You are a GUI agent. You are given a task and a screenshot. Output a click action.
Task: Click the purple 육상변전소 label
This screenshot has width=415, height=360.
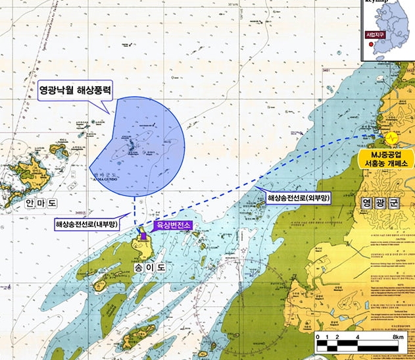(172, 225)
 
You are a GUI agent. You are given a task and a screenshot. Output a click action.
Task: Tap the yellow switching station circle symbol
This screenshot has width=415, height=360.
(391, 138)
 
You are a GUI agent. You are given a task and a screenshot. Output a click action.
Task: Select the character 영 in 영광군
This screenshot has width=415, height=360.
(368, 204)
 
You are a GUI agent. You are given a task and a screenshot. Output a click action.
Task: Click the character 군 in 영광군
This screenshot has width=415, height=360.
(400, 204)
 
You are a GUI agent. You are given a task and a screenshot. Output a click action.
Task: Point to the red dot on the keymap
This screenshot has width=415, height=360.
(370, 45)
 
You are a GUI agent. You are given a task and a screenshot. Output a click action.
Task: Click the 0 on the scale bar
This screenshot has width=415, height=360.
(317, 336)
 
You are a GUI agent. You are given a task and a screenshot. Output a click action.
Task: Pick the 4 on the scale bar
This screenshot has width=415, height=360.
(356, 336)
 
